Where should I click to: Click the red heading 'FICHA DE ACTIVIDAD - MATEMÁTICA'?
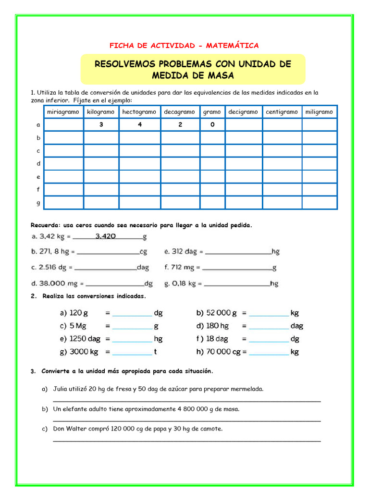point(184,46)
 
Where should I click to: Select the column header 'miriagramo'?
point(63,112)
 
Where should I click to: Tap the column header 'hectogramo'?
point(139,112)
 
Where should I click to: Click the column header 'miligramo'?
point(319,112)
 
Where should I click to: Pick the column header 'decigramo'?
point(243,112)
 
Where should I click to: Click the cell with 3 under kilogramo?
point(101,125)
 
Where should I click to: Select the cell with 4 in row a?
point(139,125)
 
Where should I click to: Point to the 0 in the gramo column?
point(212,125)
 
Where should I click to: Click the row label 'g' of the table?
point(38,203)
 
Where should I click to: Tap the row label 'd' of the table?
point(38,164)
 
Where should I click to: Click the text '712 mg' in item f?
point(185,268)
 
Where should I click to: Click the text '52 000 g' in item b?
point(221,313)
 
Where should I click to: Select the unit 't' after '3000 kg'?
point(155,352)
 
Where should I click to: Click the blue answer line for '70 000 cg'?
point(269,355)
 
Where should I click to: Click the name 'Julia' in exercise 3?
point(61,389)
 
